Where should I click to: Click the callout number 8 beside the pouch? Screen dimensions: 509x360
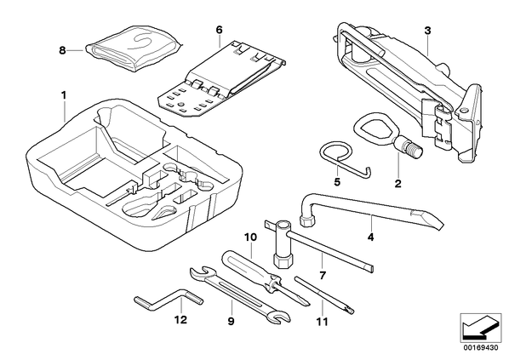[x=62, y=51]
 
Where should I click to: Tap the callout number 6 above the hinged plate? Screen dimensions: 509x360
[x=220, y=30]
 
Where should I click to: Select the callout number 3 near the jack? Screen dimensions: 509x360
[x=428, y=31]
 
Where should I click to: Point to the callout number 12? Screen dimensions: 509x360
[x=180, y=320]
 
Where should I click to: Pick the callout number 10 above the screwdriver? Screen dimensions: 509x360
[x=250, y=237]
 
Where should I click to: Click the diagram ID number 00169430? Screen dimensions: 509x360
[x=480, y=348]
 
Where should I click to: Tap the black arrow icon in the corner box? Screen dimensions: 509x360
[x=477, y=328]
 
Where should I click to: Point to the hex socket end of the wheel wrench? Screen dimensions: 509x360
[x=306, y=220]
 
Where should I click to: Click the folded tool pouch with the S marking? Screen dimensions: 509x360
[x=134, y=49]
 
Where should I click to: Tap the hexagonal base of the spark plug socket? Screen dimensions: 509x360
[x=282, y=260]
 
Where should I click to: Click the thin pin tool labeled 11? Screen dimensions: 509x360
[x=324, y=295]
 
